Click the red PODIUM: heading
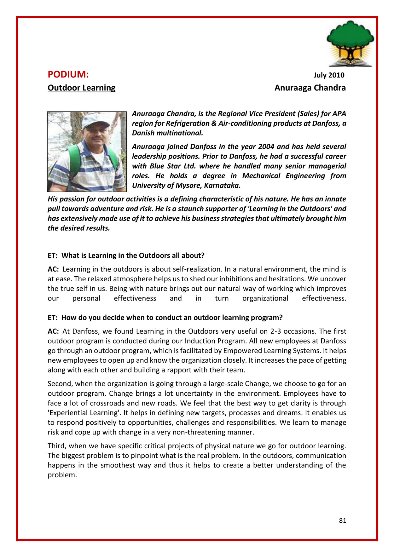[x=68, y=75]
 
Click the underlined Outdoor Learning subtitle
[x=81, y=88]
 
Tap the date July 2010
[x=329, y=75]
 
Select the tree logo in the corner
[x=350, y=43]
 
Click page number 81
[x=343, y=520]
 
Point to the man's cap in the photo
[x=95, y=120]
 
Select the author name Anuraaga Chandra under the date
[x=310, y=88]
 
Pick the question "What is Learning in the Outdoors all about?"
[x=133, y=256]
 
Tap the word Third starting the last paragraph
[x=56, y=446]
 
